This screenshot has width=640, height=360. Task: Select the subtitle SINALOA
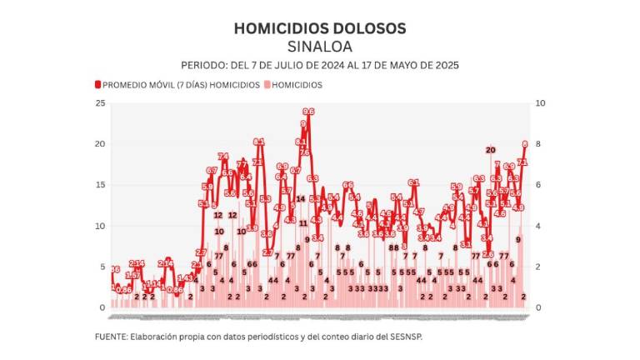(x=320, y=46)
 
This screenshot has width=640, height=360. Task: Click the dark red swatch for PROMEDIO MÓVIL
(x=97, y=85)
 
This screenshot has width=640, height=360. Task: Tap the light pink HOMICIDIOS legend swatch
(x=267, y=85)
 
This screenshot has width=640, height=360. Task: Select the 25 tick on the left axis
(x=101, y=103)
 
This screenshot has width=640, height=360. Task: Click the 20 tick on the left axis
(x=101, y=144)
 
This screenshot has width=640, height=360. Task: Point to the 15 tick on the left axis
(x=101, y=185)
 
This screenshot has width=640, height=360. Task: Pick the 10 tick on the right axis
(x=538, y=103)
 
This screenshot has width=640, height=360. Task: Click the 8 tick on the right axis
(x=537, y=144)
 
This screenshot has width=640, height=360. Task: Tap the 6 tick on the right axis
(x=537, y=185)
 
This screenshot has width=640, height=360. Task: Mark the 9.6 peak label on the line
(x=307, y=111)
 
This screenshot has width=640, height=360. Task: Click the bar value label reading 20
(x=491, y=150)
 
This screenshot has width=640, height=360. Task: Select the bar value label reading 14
(x=300, y=198)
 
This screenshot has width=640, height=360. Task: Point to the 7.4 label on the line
(x=223, y=156)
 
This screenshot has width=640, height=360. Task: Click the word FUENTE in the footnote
(x=111, y=337)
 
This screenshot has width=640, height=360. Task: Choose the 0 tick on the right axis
(x=537, y=307)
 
